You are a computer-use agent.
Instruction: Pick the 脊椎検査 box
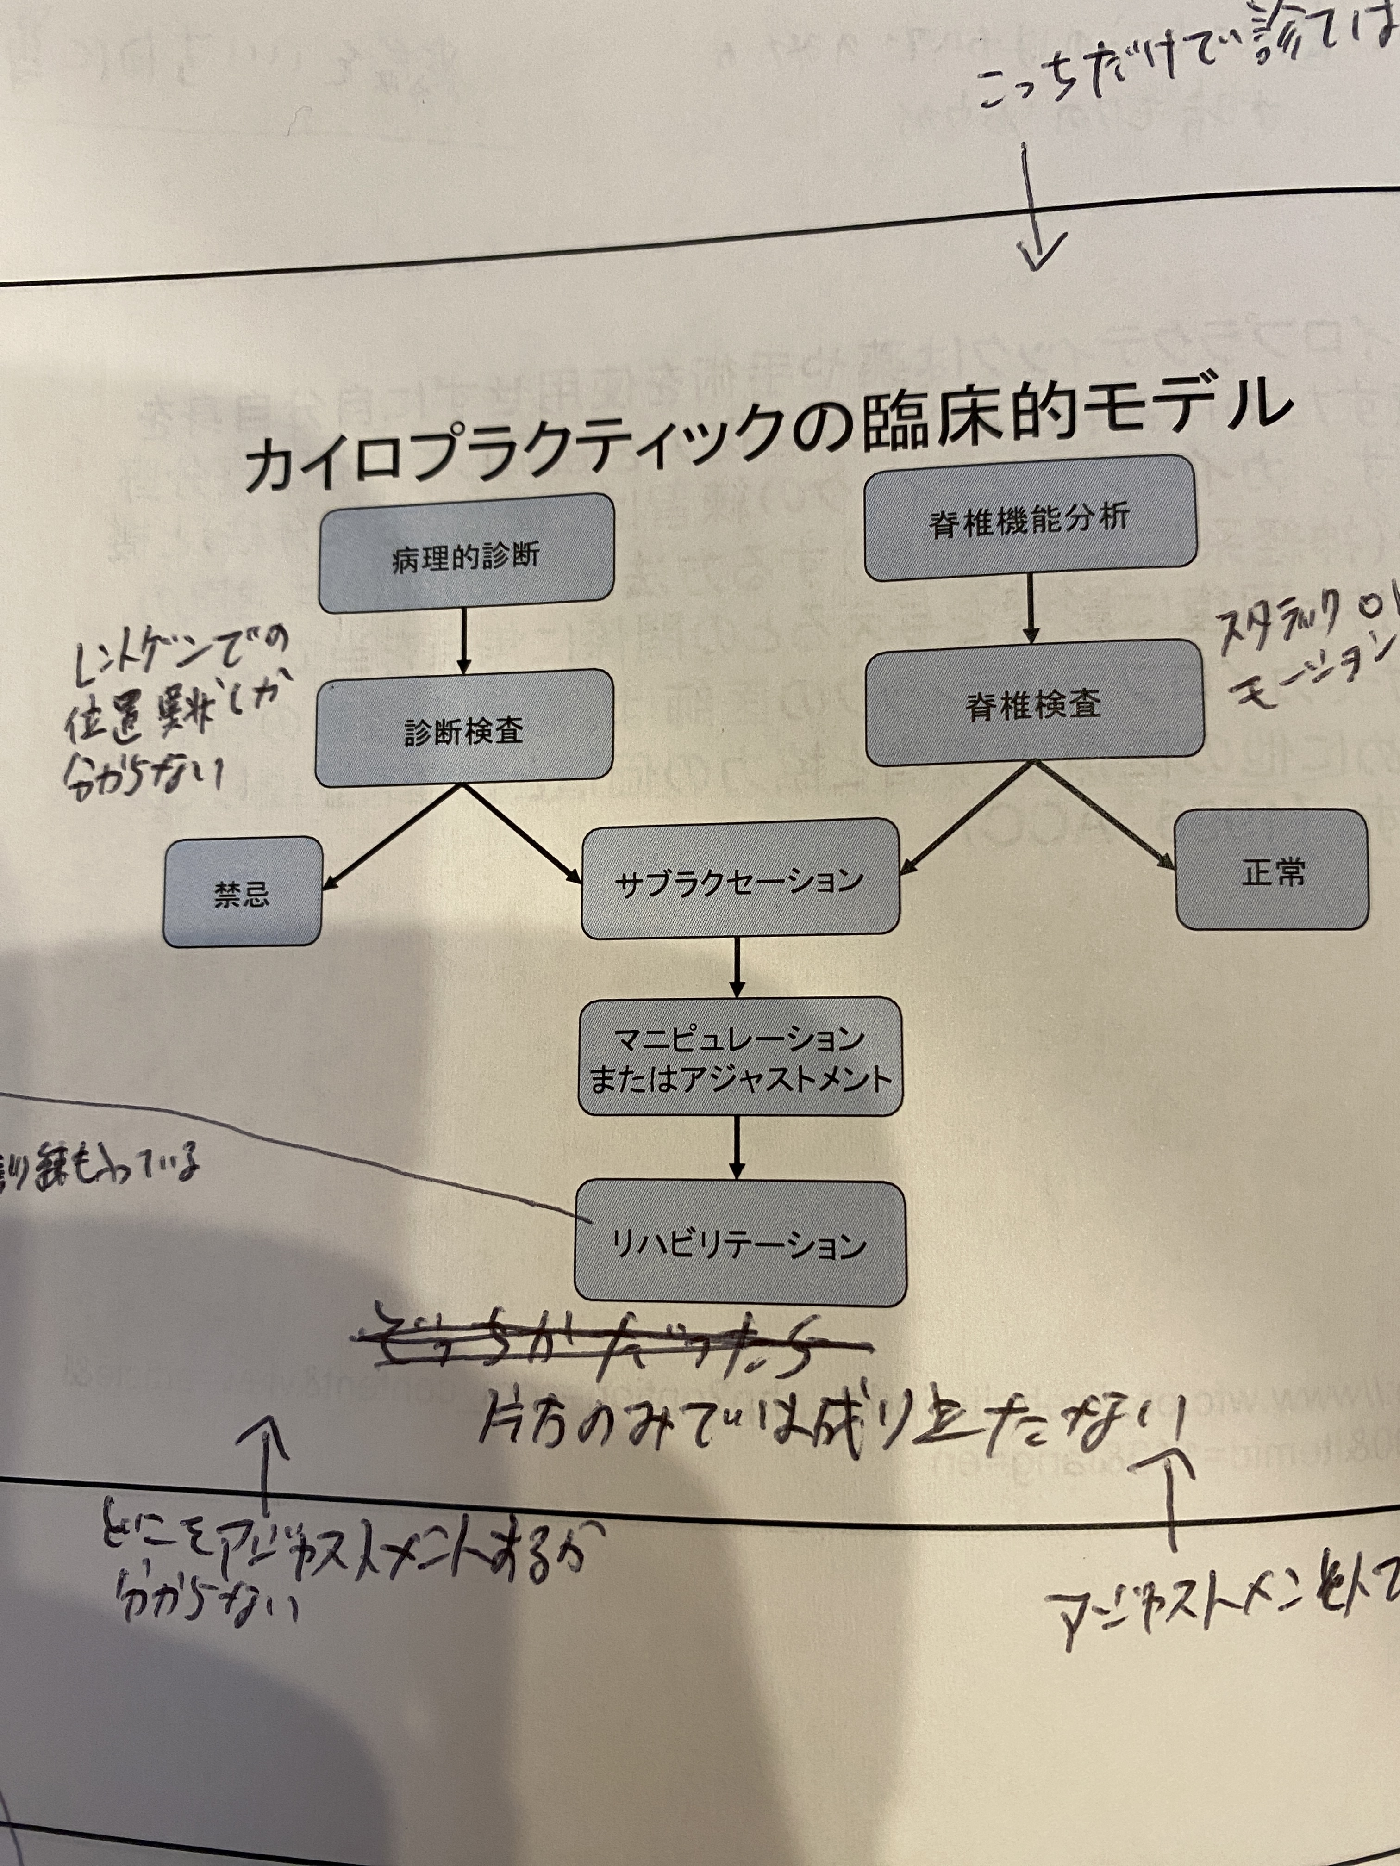tap(1035, 702)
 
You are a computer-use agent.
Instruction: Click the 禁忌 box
tap(242, 892)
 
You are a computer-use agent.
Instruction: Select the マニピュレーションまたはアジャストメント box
tap(739, 1057)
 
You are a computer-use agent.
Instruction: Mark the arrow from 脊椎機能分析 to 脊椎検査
tap(1031, 609)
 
